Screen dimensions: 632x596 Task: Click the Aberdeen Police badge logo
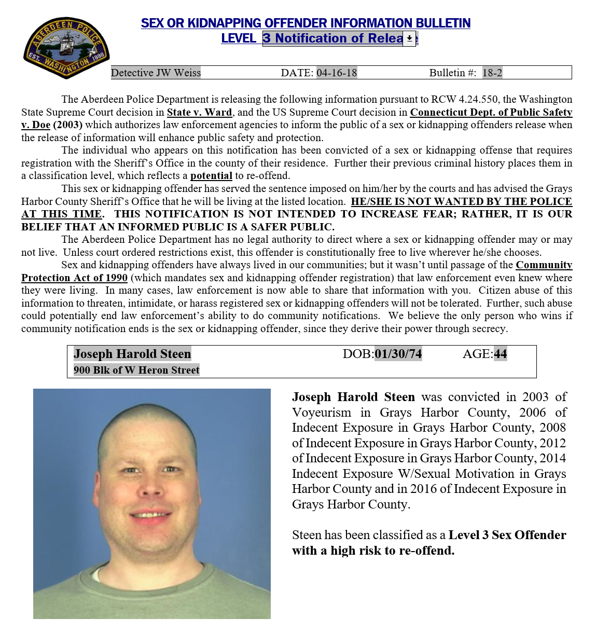[66, 48]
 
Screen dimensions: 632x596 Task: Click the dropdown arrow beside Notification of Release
[409, 38]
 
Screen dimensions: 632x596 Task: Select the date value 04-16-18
[337, 73]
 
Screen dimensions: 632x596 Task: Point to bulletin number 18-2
[492, 73]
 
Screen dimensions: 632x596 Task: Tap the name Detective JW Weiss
[156, 73]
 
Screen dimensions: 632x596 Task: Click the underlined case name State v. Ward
[199, 112]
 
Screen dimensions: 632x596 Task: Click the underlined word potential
[211, 176]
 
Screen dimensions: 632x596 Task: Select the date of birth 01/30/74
[398, 354]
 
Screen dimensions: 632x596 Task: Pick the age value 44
[500, 354]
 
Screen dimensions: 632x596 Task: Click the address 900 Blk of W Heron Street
[136, 370]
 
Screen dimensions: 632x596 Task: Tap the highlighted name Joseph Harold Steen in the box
[132, 354]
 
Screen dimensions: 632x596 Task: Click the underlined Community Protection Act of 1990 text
[74, 278]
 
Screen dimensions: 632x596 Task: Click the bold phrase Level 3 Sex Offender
[507, 535]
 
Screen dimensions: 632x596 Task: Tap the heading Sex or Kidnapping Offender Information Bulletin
[306, 23]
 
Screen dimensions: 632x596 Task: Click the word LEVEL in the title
[239, 38]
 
